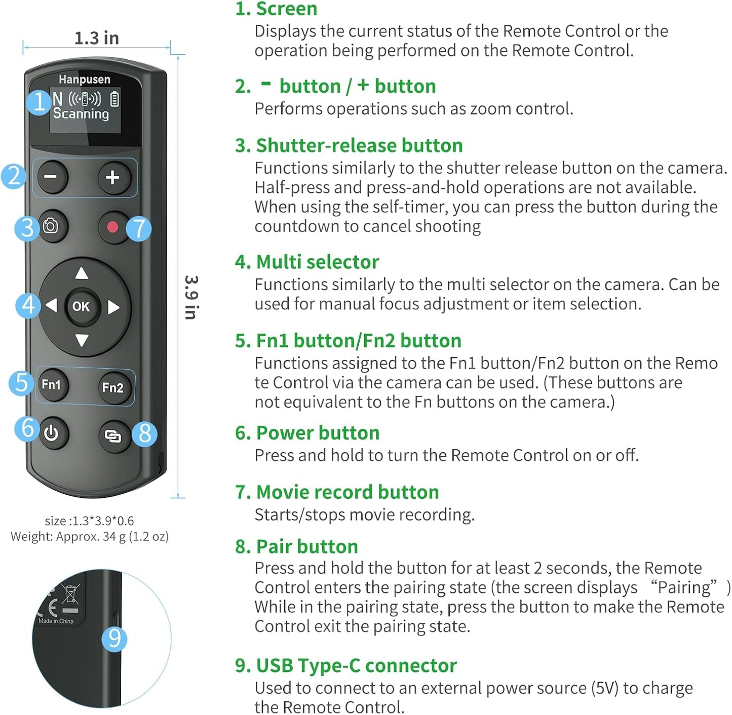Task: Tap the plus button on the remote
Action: click(112, 177)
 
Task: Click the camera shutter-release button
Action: click(51, 226)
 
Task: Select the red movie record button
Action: click(112, 227)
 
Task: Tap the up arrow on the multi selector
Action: click(82, 274)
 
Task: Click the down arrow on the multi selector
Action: click(82, 340)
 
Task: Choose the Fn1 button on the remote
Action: click(51, 385)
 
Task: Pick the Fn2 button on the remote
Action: click(112, 388)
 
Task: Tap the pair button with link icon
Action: click(112, 435)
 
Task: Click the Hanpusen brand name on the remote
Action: click(84, 80)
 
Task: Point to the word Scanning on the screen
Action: click(81, 113)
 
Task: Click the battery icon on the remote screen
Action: click(115, 99)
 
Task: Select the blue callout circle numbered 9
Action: click(114, 639)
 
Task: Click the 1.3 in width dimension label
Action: click(96, 38)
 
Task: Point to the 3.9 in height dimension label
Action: click(191, 297)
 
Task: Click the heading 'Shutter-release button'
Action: click(359, 146)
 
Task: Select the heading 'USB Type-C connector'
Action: click(356, 665)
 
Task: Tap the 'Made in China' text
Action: click(56, 621)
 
